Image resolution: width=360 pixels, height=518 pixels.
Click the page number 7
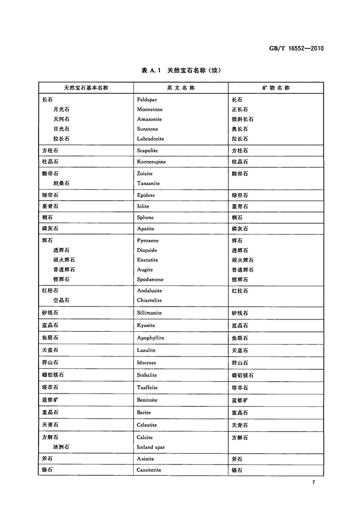[313, 482]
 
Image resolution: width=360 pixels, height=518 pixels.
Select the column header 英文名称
[181, 88]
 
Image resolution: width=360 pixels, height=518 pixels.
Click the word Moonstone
[150, 110]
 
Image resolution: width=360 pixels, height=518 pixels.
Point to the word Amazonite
[150, 119]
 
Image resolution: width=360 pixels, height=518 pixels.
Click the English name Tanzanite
[148, 183]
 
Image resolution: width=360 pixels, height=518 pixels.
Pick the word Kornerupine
[152, 162]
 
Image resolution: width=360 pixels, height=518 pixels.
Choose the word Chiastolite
[149, 300]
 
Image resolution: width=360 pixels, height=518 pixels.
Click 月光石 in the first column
[61, 110]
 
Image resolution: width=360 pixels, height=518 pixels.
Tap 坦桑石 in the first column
[61, 183]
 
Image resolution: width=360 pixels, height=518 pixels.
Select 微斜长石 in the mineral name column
[242, 119]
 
